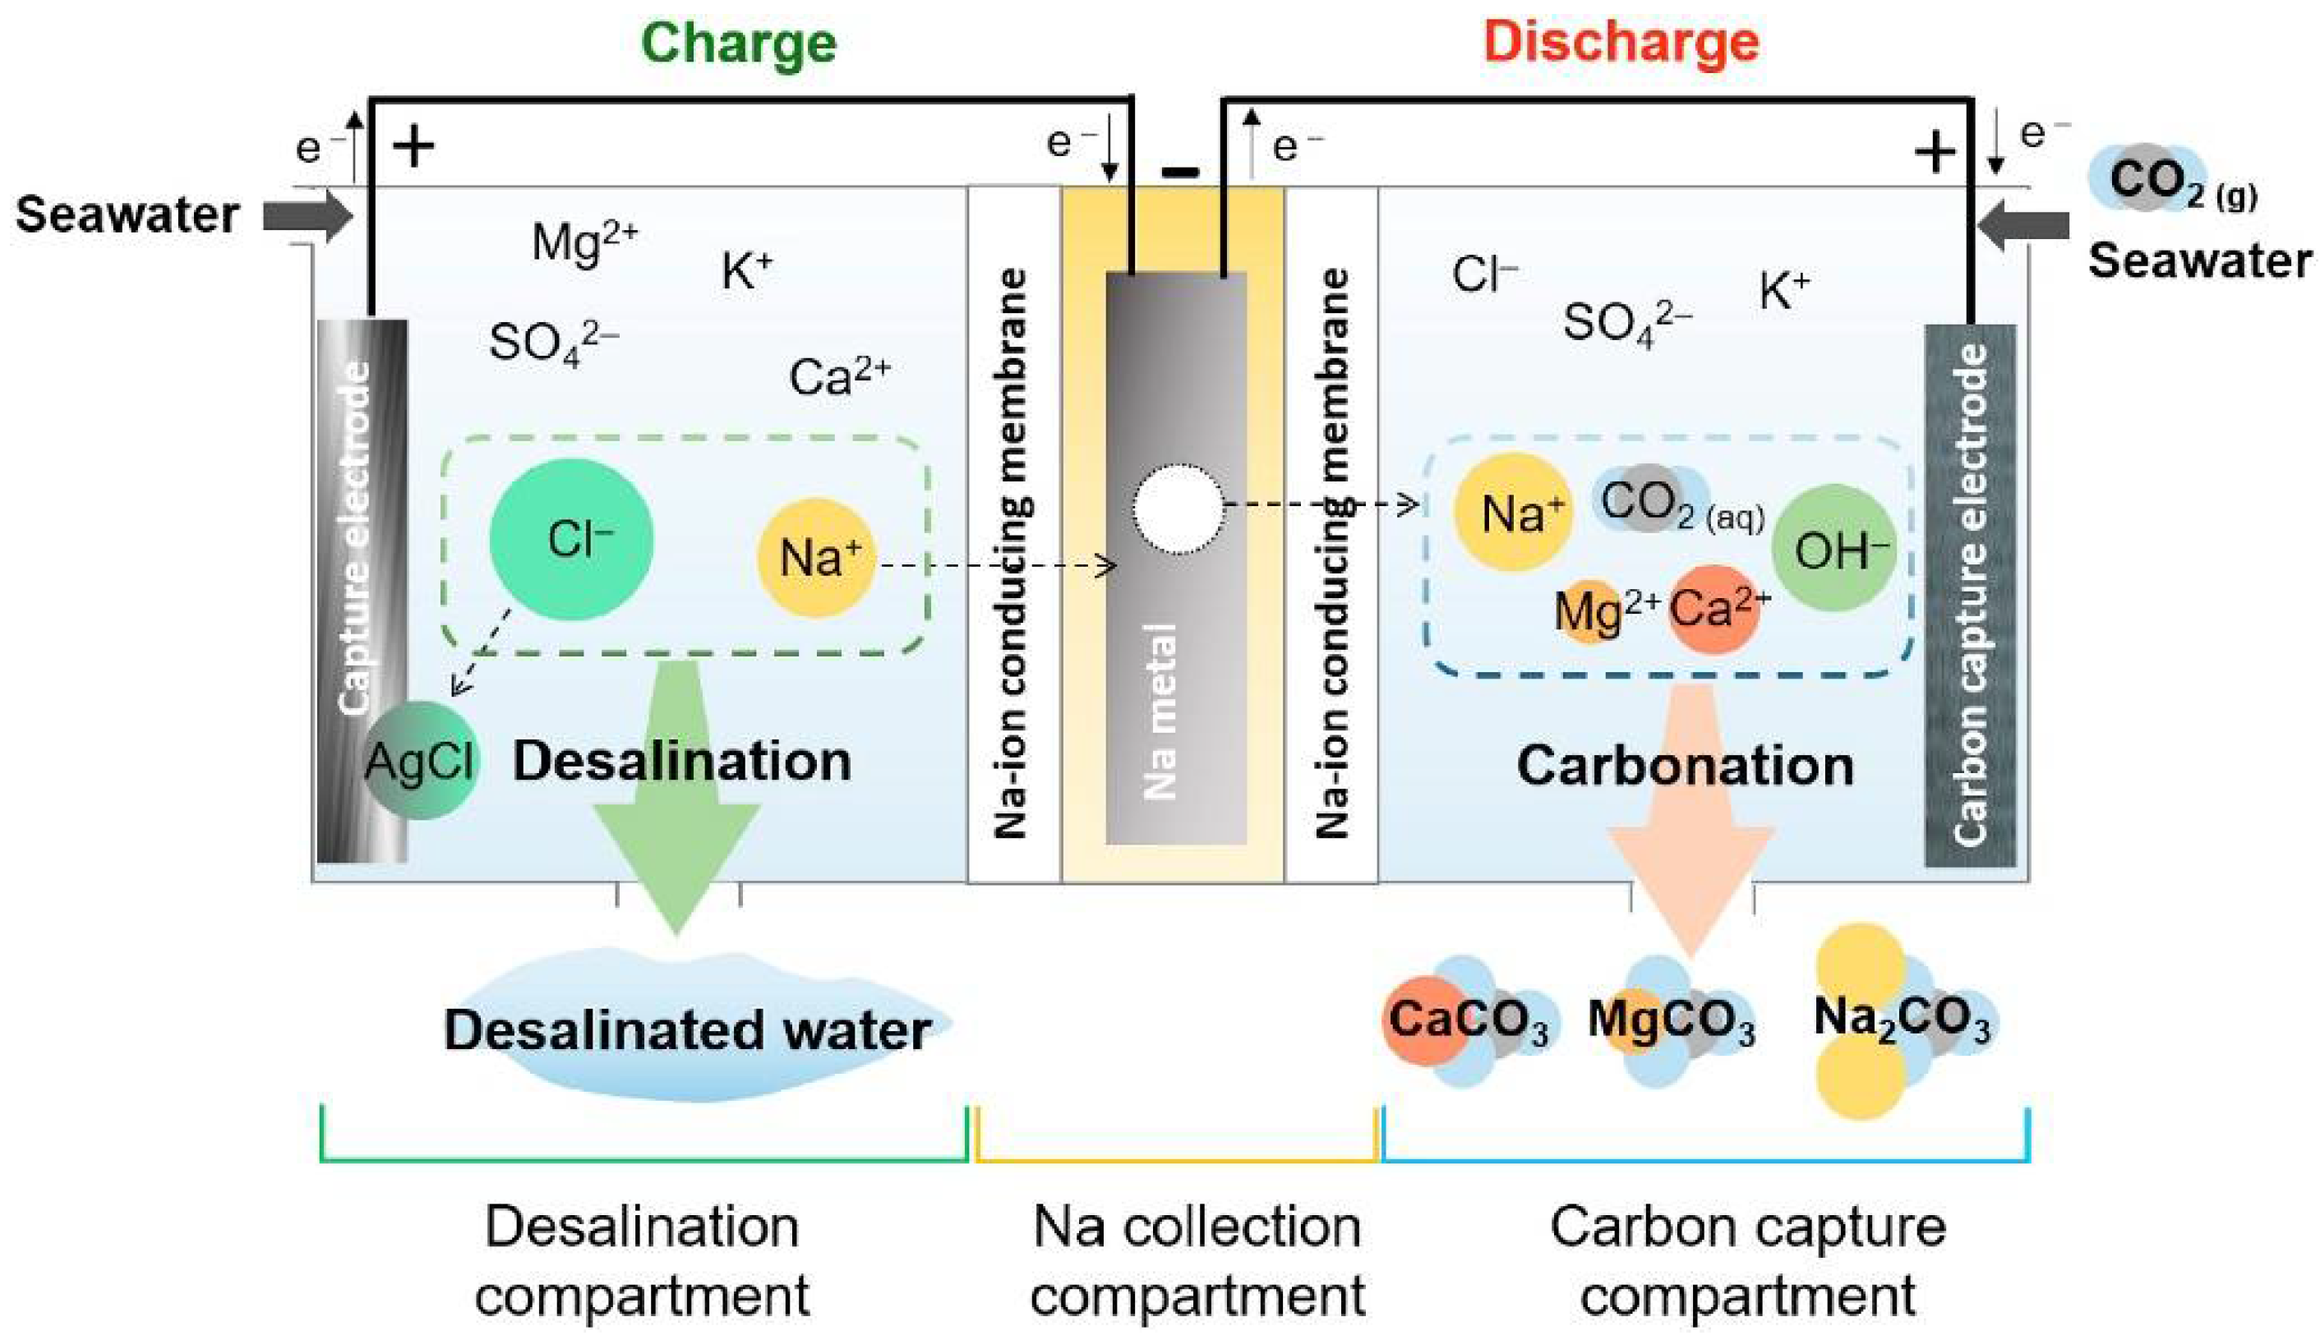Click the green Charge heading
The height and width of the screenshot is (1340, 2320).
pos(738,44)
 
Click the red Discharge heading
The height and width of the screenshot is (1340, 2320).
pos(1621,44)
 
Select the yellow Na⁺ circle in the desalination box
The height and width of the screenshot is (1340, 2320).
pos(816,558)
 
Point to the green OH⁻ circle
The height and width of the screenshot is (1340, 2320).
pos(1834,549)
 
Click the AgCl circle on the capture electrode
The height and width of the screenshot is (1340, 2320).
pos(421,761)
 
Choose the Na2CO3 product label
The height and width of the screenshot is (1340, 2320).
pos(1900,1020)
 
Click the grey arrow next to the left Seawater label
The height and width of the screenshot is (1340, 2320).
pos(307,216)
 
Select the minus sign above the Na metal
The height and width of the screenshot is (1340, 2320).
pos(1180,171)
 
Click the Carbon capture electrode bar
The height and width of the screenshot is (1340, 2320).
pos(1970,595)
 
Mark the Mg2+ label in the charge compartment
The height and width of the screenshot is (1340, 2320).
pos(583,243)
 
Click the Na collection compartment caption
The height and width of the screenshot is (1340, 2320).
pos(1197,1261)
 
